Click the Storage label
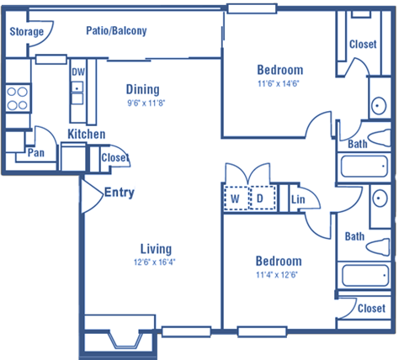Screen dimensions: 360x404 coord(27,32)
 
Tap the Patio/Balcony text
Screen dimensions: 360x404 coord(116,31)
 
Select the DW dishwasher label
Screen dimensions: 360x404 coord(78,72)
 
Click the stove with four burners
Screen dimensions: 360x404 coord(18,99)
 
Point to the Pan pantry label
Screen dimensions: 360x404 coord(35,152)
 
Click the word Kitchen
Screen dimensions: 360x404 coord(86,134)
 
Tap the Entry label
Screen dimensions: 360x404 coord(119,193)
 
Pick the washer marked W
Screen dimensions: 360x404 coord(237,199)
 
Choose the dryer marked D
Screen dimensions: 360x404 coord(261,199)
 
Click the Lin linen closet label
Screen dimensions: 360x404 coord(297,199)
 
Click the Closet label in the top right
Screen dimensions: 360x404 coord(363,44)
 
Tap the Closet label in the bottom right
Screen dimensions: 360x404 coord(371,309)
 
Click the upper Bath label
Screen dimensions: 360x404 coord(357,144)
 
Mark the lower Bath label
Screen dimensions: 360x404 coord(354,236)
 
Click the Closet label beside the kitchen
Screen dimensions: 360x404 coord(114,157)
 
